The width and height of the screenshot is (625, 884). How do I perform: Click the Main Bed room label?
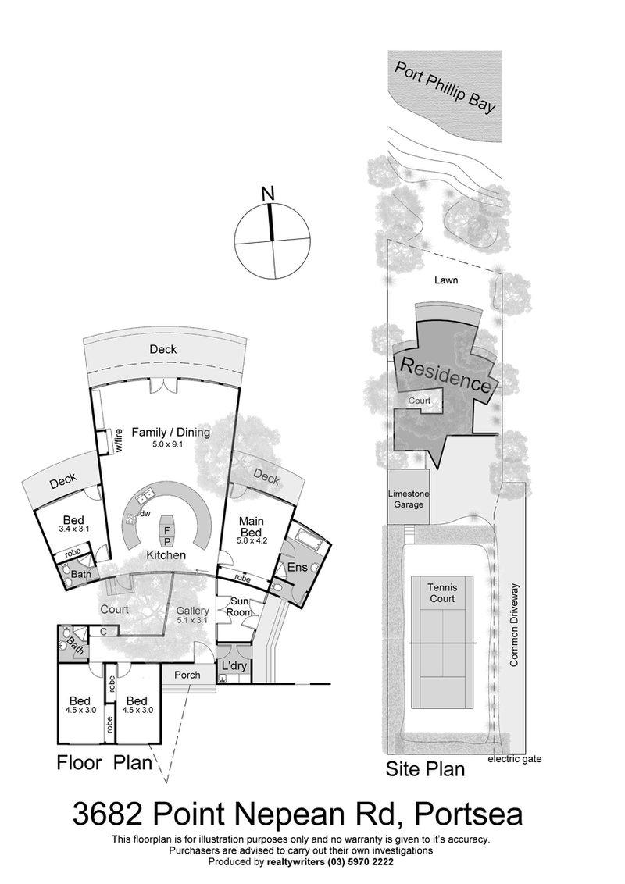coord(251,528)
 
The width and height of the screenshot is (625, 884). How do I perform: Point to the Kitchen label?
coord(164,555)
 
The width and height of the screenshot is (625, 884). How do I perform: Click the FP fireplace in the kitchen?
coord(167,535)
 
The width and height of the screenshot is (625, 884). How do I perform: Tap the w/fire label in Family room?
coord(120,441)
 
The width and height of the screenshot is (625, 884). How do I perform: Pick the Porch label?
coord(187,675)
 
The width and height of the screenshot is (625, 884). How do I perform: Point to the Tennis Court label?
coord(442,593)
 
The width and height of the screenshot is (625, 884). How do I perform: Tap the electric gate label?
coord(514,758)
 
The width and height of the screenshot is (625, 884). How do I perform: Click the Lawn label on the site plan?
coord(448,280)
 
